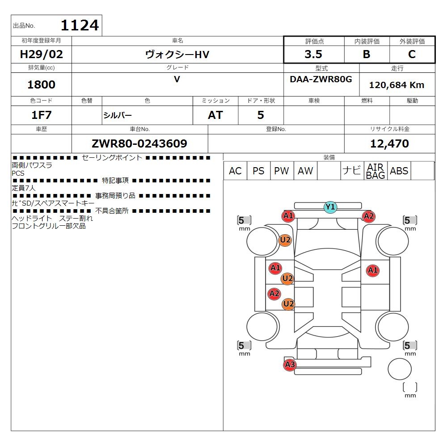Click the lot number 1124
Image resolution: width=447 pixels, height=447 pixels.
click(80, 25)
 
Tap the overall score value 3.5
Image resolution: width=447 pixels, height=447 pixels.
click(314, 55)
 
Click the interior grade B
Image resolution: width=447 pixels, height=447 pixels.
click(367, 55)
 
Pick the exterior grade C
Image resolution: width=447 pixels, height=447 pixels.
click(412, 55)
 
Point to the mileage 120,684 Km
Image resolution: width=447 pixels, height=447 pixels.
click(396, 85)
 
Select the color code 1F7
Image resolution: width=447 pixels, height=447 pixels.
click(42, 115)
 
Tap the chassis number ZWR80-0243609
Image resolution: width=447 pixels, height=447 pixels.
click(139, 143)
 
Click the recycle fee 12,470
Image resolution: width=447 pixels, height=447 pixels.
click(389, 143)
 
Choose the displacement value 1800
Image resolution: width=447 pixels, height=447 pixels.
click(42, 84)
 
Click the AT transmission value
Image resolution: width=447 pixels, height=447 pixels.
click(215, 115)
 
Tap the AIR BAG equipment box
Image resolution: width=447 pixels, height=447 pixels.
click(375, 171)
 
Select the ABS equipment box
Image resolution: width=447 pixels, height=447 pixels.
click(399, 171)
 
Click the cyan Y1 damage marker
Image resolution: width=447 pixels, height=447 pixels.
click(330, 207)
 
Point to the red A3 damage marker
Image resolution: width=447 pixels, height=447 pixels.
click(290, 365)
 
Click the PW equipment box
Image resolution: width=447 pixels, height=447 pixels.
click(282, 171)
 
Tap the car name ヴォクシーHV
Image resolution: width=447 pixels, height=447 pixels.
click(177, 55)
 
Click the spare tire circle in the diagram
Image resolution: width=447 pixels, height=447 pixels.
click(400, 369)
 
